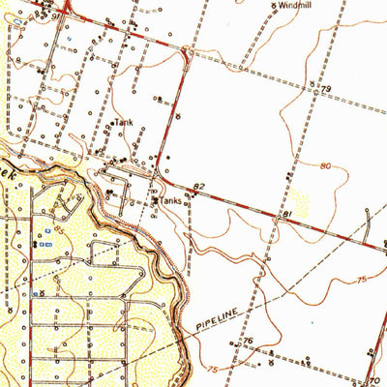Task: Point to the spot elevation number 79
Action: [x=327, y=89]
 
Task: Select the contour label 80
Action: [x=327, y=165]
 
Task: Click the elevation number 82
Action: [x=199, y=184]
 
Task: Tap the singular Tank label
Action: [x=123, y=123]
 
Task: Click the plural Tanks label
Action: [x=171, y=200]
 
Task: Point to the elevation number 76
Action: [x=248, y=342]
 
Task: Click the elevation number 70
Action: [x=376, y=379]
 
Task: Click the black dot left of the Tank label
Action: [x=109, y=124]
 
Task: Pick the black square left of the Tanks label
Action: [x=156, y=200]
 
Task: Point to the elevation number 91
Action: [x=54, y=15]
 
